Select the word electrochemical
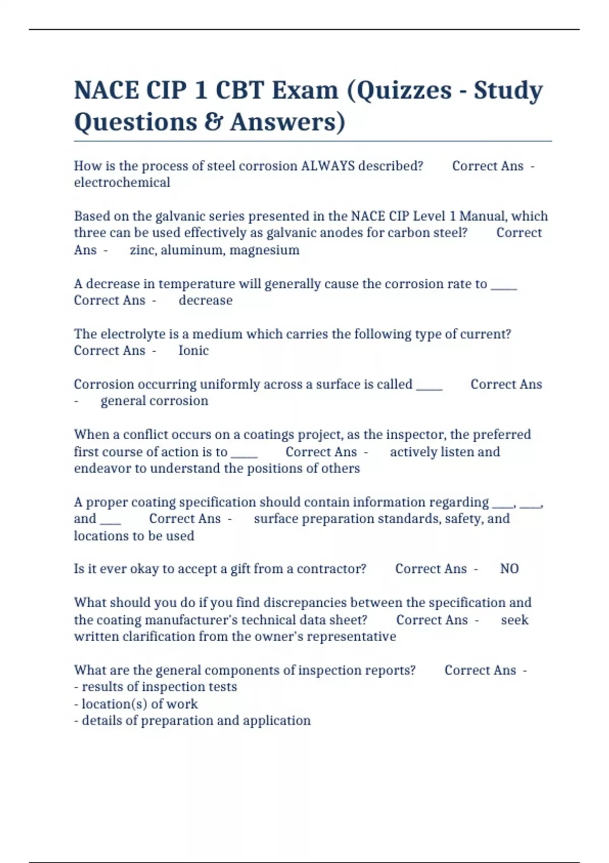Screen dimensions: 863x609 tap(122, 182)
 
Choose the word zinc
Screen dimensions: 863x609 tap(143, 250)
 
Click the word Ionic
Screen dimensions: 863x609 tap(193, 350)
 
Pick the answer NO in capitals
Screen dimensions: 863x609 tap(509, 569)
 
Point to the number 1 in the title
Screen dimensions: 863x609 tap(200, 91)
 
